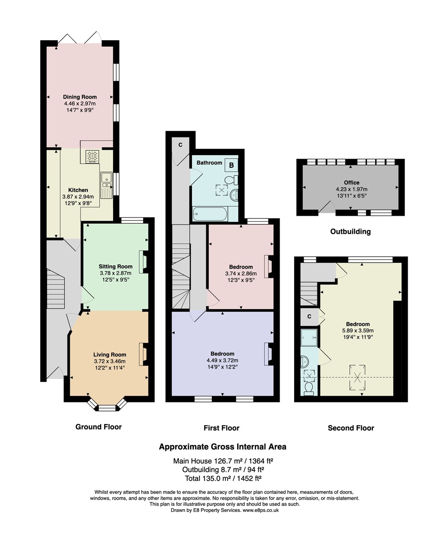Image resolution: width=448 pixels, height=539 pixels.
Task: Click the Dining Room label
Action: tap(80, 97)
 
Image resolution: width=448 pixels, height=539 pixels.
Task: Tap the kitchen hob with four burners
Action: tap(92, 157)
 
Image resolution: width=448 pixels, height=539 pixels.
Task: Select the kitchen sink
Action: tap(106, 185)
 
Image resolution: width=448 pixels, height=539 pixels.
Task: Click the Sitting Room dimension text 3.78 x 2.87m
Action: tap(115, 273)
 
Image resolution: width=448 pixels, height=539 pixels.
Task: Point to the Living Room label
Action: tap(110, 355)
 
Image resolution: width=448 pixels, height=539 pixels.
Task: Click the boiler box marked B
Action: tap(231, 165)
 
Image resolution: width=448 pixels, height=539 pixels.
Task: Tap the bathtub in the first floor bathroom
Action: tap(210, 214)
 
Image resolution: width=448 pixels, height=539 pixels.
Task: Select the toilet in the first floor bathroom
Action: tap(231, 180)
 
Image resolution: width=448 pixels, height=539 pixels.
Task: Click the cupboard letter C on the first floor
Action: tap(180, 145)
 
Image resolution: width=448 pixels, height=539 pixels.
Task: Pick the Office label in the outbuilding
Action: tap(351, 183)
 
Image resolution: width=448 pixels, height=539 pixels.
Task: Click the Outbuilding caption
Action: tap(350, 232)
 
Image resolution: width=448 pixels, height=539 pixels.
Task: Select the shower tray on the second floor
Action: tap(309, 338)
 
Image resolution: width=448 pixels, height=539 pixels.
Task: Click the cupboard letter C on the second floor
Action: tap(309, 316)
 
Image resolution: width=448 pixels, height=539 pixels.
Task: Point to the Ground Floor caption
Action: tap(98, 426)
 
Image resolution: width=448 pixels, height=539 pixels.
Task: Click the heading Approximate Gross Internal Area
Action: tap(222, 447)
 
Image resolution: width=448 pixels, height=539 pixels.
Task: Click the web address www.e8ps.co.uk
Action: tap(261, 510)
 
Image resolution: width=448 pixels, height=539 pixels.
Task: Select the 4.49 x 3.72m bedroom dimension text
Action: tap(222, 360)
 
